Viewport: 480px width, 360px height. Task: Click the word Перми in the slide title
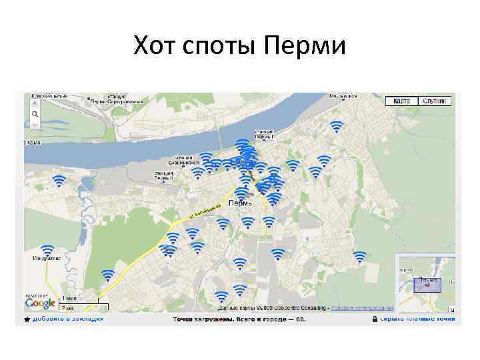[305, 47]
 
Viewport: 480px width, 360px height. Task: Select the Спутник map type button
[435, 101]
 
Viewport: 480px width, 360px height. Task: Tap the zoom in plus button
[35, 104]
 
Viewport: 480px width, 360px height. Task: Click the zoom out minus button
[35, 124]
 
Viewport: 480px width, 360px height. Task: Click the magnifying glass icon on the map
[35, 114]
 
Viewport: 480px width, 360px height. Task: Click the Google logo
[40, 303]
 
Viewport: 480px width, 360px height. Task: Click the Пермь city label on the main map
[240, 203]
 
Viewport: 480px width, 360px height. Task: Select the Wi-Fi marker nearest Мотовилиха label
[337, 127]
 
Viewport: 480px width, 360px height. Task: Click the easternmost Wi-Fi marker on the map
[360, 257]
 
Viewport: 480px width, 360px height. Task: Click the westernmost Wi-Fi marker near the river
[59, 180]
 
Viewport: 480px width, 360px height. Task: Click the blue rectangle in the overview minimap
[427, 285]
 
